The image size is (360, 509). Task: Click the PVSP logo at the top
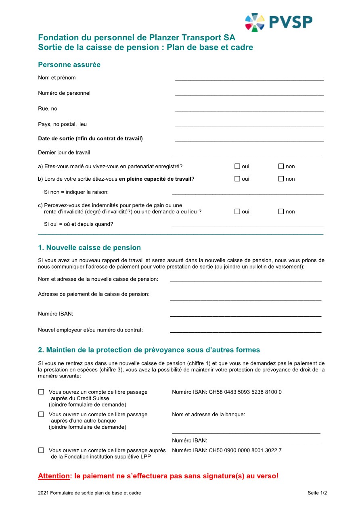coord(278,22)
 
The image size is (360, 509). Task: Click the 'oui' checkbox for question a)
coord(237,166)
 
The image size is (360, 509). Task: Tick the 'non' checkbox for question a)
coord(281,166)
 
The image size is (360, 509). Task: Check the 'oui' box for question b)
coord(237,179)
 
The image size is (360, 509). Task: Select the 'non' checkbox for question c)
coord(281,211)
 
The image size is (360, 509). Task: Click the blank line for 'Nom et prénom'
coord(249,78)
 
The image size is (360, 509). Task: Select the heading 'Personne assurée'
coord(69,65)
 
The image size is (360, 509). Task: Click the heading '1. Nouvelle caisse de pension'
coord(89,248)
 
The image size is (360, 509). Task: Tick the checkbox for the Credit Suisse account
coord(41,392)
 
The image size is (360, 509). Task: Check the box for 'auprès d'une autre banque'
coord(41,414)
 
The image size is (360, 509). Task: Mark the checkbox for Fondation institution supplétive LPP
coord(41,450)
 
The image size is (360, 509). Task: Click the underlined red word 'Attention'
coord(54,476)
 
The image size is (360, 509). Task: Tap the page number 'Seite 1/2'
coord(317,493)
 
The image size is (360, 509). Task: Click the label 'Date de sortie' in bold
coord(90,139)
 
